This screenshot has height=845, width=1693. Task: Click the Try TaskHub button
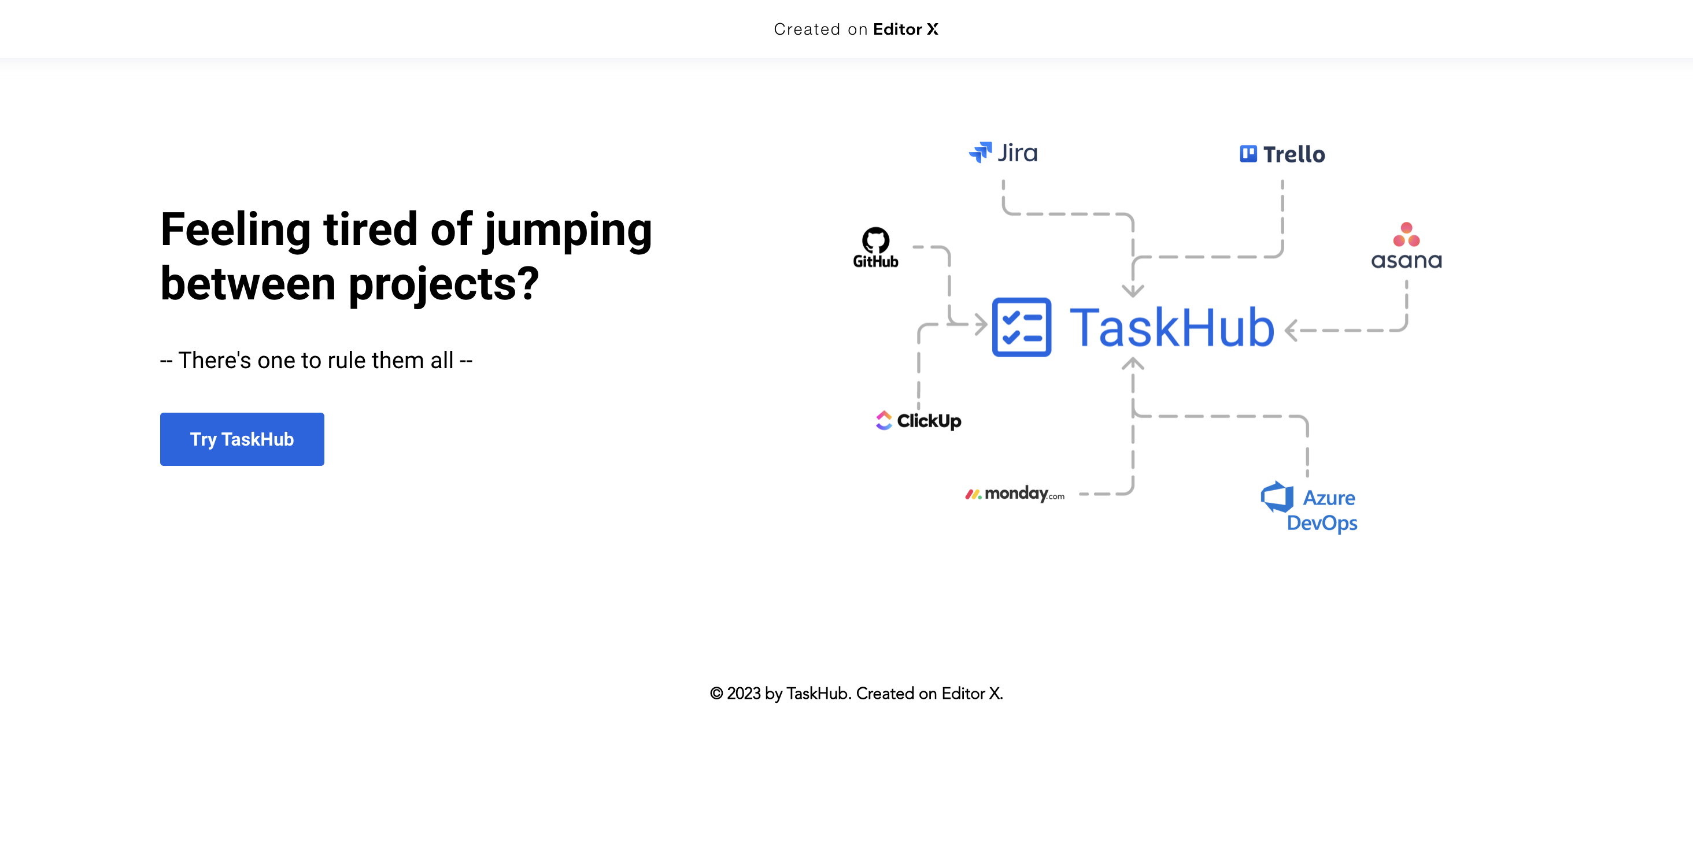[x=242, y=439]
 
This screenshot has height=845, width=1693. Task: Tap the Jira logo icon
[x=980, y=153]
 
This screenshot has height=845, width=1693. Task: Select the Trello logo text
[x=1293, y=154]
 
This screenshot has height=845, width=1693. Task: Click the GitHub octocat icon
[x=875, y=240]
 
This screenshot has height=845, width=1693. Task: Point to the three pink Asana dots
[x=1406, y=235]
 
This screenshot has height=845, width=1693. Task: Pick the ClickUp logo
[x=918, y=421]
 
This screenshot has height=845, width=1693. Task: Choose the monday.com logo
[x=1015, y=494]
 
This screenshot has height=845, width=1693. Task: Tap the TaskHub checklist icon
[x=1021, y=327]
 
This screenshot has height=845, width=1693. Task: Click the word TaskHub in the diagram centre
[x=1172, y=327]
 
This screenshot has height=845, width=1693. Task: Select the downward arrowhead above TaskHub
[x=1132, y=291]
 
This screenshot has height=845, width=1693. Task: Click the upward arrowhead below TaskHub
[x=1132, y=363]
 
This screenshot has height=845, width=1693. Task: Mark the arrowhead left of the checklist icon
[x=981, y=324]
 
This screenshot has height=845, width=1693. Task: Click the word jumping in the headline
[x=568, y=231]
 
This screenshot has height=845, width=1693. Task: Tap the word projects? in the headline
[x=443, y=285]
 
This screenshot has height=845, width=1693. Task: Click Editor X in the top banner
[x=905, y=29]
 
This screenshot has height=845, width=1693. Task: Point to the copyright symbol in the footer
[x=716, y=693]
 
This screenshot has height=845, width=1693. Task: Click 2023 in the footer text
[x=744, y=693]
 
